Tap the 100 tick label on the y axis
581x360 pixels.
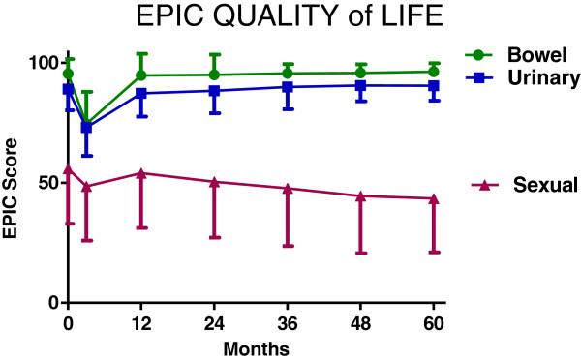pyautogui.click(x=43, y=63)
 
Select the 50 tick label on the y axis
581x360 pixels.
pyautogui.click(x=46, y=183)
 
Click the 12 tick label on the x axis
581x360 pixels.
pyautogui.click(x=141, y=321)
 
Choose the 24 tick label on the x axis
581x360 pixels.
pyautogui.click(x=214, y=321)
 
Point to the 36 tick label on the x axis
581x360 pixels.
pyautogui.click(x=288, y=321)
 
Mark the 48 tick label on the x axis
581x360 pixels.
pyautogui.click(x=360, y=321)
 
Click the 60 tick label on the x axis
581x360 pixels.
pyautogui.click(x=433, y=321)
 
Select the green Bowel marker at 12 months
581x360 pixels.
pyautogui.click(x=141, y=75)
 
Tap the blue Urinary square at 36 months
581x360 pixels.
pyautogui.click(x=288, y=87)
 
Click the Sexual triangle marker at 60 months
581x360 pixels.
pyautogui.click(x=433, y=198)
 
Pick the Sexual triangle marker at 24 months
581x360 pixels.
pyautogui.click(x=214, y=181)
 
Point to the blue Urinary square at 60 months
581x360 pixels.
pyautogui.click(x=433, y=86)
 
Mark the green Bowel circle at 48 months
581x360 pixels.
pyautogui.click(x=360, y=74)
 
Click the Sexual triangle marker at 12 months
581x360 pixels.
pyautogui.click(x=141, y=173)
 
